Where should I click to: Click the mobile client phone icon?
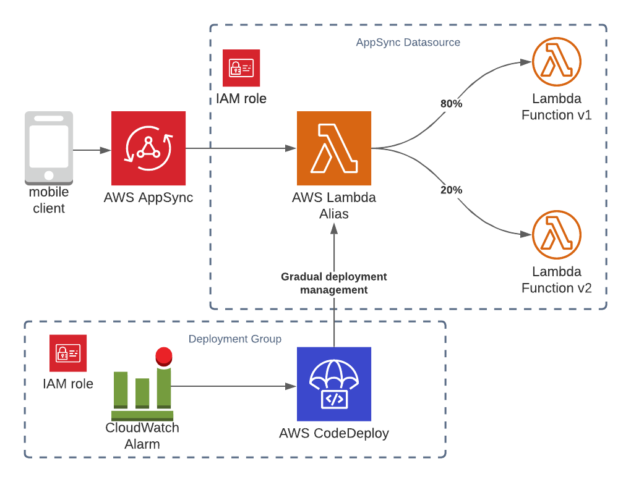tap(49, 148)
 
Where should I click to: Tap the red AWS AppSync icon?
tap(148, 148)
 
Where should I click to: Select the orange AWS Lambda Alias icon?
tap(334, 148)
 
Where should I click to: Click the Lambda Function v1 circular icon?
tap(557, 62)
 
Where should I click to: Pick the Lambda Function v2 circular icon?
tap(557, 235)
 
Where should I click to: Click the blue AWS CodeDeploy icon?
tap(334, 384)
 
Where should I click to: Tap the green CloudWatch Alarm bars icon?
tap(142, 392)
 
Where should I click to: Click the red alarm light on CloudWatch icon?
tap(164, 355)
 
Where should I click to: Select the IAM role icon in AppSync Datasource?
tap(241, 68)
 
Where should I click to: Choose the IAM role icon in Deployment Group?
tap(68, 353)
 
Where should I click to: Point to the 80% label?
tap(451, 104)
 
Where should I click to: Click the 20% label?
tap(451, 190)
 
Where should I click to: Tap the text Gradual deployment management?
tap(334, 283)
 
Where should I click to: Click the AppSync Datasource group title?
tap(408, 43)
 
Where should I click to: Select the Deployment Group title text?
tap(234, 339)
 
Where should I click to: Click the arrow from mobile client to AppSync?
tap(92, 150)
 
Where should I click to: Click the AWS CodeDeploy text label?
tap(334, 433)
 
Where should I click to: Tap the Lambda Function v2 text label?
tap(557, 280)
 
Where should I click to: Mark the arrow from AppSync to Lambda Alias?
tap(241, 148)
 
